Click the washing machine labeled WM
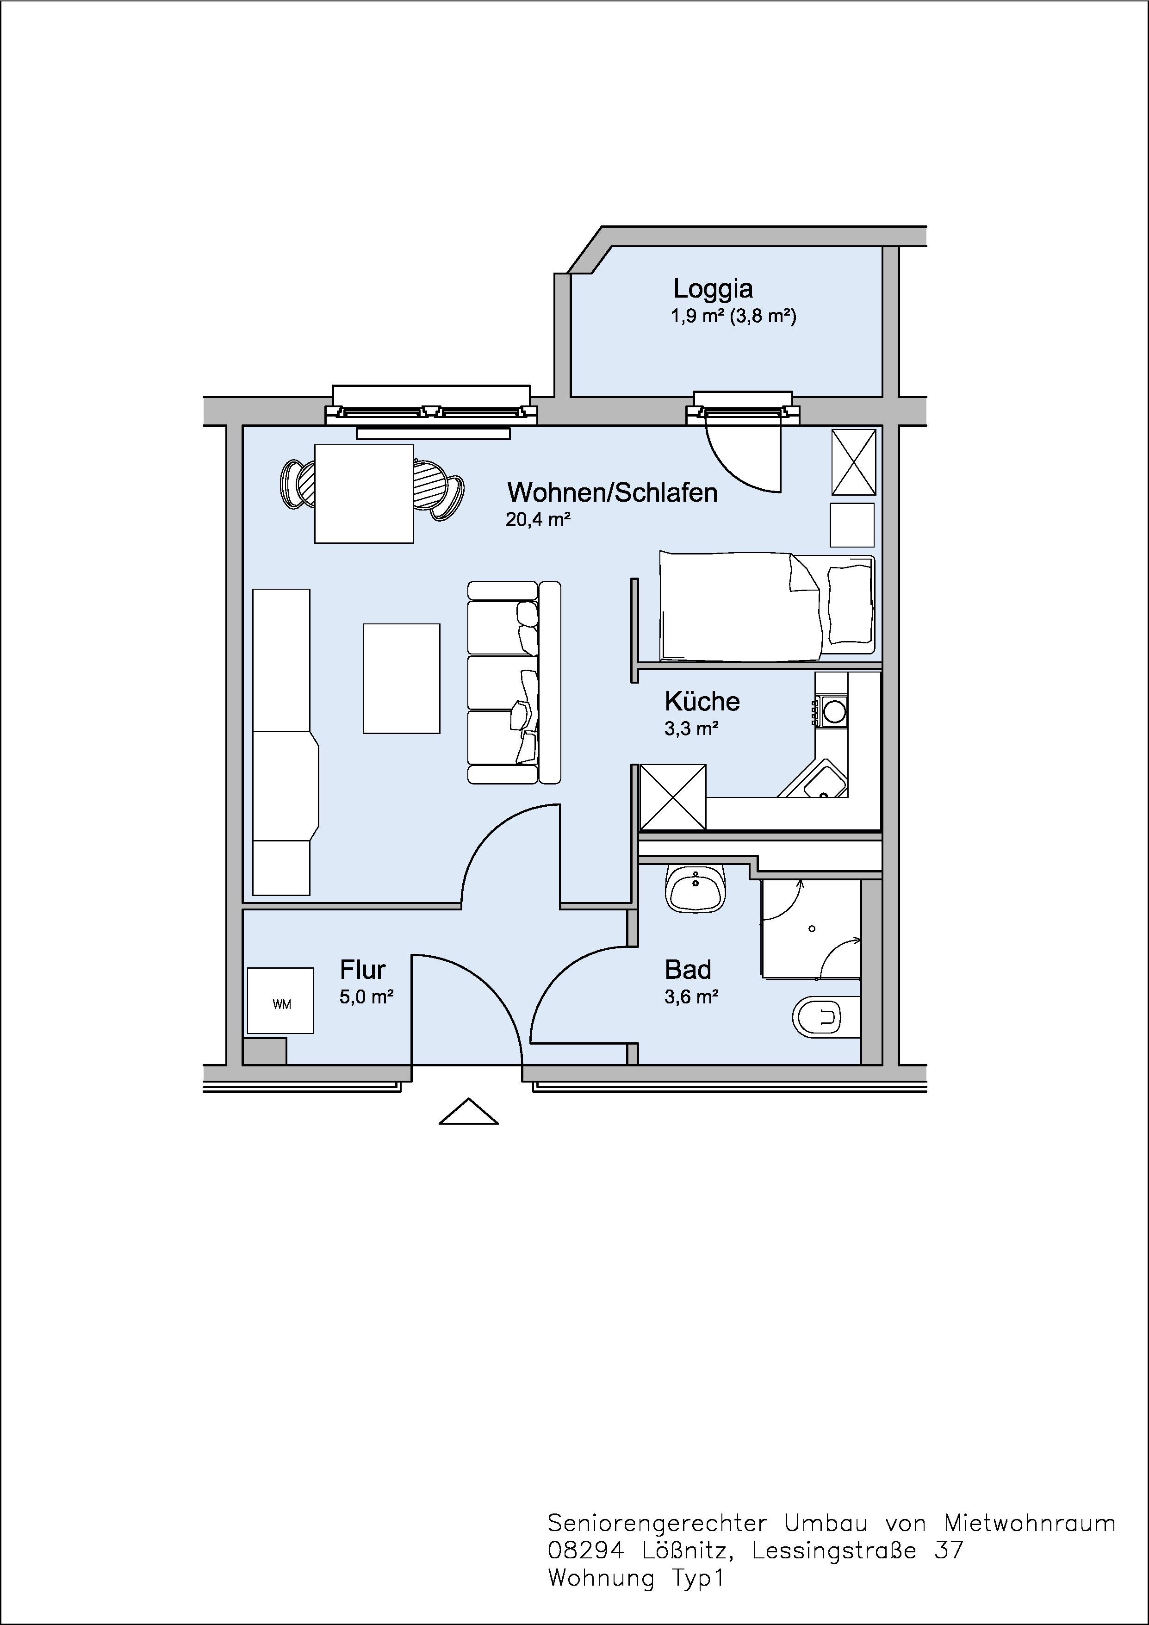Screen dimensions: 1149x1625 pyautogui.click(x=280, y=1000)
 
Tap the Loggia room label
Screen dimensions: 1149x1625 pyautogui.click(x=713, y=289)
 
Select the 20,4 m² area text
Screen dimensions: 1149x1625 pyautogui.click(x=538, y=519)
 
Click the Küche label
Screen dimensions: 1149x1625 pyautogui.click(x=702, y=701)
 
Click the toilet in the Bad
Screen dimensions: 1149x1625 pyautogui.click(x=826, y=1018)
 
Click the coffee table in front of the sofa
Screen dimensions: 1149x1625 pyautogui.click(x=401, y=678)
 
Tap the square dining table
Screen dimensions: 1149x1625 pyautogui.click(x=364, y=493)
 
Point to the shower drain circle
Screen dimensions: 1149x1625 pyautogui.click(x=812, y=928)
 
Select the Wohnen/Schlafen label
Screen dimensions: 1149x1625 pyautogui.click(x=612, y=492)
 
